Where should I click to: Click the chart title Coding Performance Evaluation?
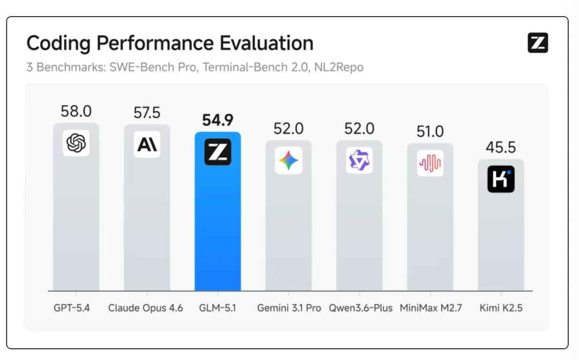[170, 43]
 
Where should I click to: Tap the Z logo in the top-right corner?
[538, 43]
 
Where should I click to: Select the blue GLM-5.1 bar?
[218, 211]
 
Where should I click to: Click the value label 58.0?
[76, 111]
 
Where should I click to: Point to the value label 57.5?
[147, 113]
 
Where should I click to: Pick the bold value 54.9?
[218, 120]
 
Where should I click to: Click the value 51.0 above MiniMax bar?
[430, 131]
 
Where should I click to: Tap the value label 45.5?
[501, 148]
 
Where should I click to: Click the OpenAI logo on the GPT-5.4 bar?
[76, 143]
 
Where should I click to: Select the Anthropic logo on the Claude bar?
[147, 144]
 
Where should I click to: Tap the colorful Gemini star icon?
[289, 160]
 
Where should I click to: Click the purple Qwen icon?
[359, 160]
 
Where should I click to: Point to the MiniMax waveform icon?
[430, 163]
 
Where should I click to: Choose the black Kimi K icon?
[501, 179]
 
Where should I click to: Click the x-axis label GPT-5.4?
[72, 308]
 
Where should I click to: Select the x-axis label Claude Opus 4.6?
[145, 308]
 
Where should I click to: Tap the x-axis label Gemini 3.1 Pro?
[289, 308]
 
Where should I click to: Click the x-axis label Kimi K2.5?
[501, 308]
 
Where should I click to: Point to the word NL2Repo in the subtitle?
[339, 67]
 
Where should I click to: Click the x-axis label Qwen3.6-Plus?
[361, 308]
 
